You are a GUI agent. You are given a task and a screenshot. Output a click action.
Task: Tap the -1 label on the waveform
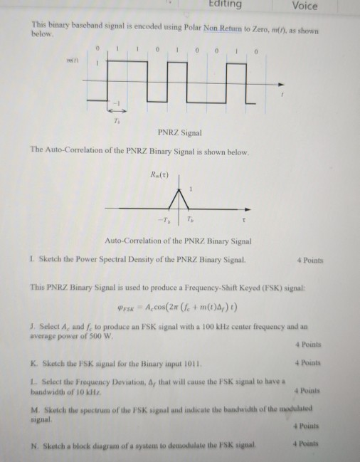(x=120, y=103)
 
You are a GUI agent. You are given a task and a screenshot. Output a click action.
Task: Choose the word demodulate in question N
(x=181, y=446)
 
